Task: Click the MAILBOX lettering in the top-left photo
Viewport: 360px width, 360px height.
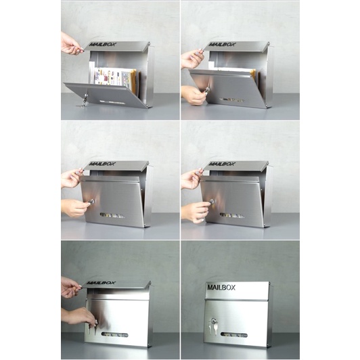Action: click(103, 45)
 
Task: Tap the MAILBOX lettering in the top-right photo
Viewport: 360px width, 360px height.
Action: click(222, 45)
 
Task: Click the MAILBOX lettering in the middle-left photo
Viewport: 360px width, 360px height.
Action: click(102, 164)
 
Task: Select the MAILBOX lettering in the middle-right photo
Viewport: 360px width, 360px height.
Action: click(222, 164)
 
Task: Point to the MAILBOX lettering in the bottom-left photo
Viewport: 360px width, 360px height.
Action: click(101, 283)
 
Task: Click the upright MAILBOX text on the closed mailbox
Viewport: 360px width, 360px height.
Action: click(221, 288)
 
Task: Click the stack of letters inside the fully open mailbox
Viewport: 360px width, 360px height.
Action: click(115, 77)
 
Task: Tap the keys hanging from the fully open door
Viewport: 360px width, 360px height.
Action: click(84, 101)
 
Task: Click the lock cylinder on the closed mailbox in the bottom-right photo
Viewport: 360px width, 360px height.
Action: click(214, 321)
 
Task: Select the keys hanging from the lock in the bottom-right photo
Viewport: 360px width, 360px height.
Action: click(212, 326)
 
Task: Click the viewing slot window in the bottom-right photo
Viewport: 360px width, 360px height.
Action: click(234, 335)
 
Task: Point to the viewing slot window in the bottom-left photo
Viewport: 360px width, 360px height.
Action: click(114, 335)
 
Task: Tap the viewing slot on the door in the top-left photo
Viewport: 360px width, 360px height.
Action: click(112, 102)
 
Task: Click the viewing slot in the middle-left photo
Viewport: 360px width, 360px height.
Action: click(112, 216)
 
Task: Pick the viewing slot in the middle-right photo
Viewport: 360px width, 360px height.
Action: click(232, 216)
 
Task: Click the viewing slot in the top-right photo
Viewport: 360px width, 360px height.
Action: click(232, 100)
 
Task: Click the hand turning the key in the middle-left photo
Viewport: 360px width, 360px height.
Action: click(75, 207)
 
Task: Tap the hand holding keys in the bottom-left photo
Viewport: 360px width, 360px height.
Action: click(81, 316)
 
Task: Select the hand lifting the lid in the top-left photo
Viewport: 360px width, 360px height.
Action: click(70, 44)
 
